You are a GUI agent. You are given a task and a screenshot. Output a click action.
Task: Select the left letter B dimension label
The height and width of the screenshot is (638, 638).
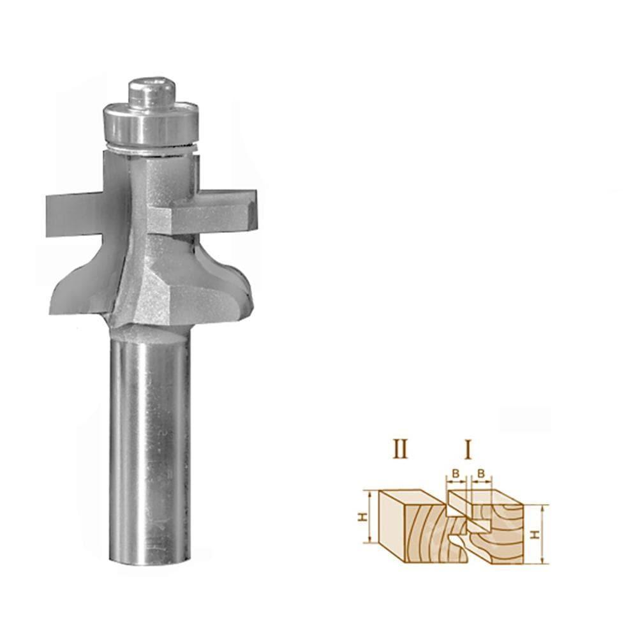click(x=456, y=473)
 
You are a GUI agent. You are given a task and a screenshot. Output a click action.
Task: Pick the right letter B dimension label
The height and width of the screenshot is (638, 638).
click(x=482, y=473)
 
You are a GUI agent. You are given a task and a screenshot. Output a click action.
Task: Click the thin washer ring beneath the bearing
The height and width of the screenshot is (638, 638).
click(x=151, y=150)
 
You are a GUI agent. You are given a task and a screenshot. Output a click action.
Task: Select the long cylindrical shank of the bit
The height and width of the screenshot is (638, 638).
click(x=151, y=447)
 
